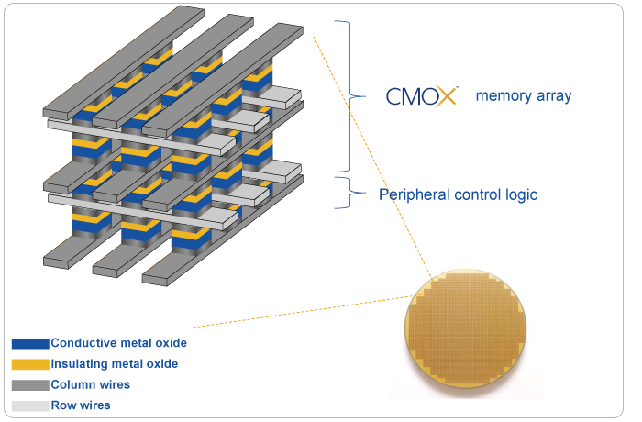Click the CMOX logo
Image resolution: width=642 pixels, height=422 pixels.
pos(421,94)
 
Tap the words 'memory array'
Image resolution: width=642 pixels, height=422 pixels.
pos(523,94)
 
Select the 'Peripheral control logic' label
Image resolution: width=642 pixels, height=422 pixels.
pos(458,194)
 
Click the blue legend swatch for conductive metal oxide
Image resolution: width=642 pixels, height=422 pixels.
pos(29,343)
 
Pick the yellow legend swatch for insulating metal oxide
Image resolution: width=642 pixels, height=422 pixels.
pos(29,364)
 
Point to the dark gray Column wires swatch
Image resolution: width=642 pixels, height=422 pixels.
pos(29,384)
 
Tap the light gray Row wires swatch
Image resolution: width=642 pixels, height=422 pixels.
pos(29,405)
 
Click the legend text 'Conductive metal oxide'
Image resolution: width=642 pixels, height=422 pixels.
pos(119,343)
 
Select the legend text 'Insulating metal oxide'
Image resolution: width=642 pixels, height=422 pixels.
pos(115,364)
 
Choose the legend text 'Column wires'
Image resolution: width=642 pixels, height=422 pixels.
pos(90,384)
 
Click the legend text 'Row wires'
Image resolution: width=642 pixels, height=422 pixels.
pos(81,405)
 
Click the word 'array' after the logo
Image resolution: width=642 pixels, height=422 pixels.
pos(552,94)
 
